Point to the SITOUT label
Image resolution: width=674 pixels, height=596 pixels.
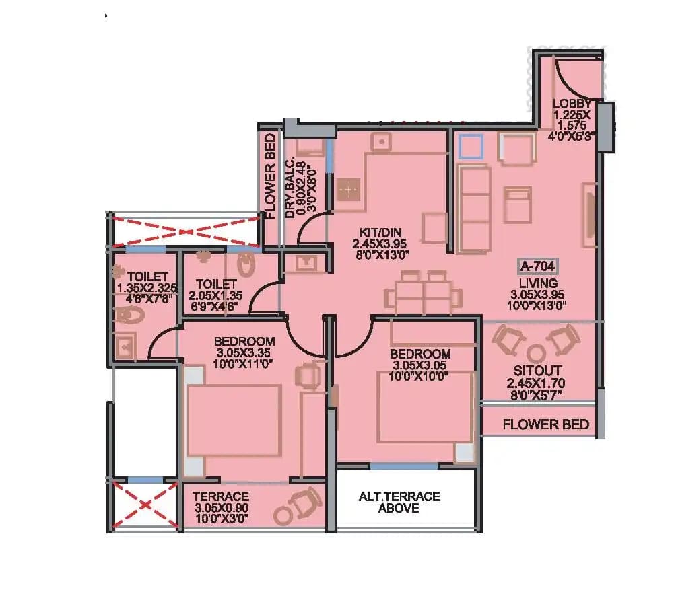[537, 371]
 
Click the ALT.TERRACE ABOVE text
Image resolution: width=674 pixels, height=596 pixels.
[399, 502]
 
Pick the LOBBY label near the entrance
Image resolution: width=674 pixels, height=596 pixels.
[572, 104]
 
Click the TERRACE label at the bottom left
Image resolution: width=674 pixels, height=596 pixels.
[221, 497]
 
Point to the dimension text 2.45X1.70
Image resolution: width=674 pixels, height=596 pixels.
[536, 383]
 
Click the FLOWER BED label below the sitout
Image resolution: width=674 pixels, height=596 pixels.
[546, 424]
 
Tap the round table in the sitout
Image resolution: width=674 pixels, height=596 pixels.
[537, 353]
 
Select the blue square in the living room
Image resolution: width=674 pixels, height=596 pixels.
[470, 147]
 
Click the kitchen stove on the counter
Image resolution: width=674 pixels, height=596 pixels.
[349, 190]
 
